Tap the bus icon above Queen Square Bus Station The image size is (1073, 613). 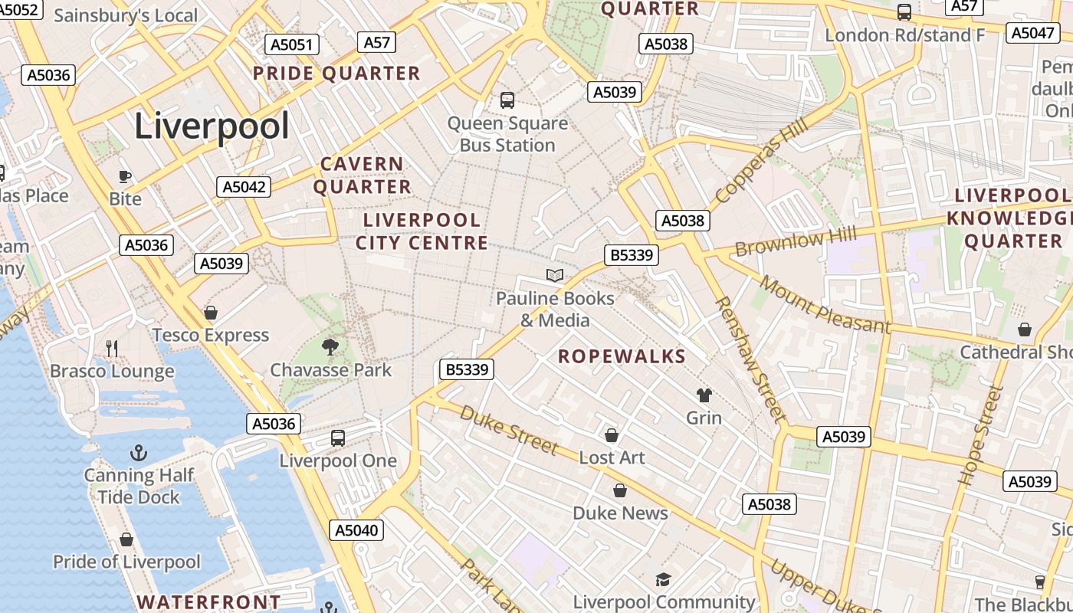507,100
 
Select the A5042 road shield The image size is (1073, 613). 244,187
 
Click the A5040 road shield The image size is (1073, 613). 357,530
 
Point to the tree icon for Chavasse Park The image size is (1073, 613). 330,347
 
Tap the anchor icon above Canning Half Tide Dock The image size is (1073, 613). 139,453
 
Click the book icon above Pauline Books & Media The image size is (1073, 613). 555,276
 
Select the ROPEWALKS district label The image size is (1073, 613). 622,356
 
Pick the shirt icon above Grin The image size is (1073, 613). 704,395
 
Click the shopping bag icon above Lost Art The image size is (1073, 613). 612,435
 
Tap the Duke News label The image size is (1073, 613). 620,513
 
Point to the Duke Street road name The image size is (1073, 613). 509,430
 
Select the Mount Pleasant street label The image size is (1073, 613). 825,305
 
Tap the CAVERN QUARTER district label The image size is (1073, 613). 362,175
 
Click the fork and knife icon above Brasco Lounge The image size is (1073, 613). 112,349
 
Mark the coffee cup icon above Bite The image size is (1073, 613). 125,177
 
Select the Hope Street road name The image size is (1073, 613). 981,434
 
